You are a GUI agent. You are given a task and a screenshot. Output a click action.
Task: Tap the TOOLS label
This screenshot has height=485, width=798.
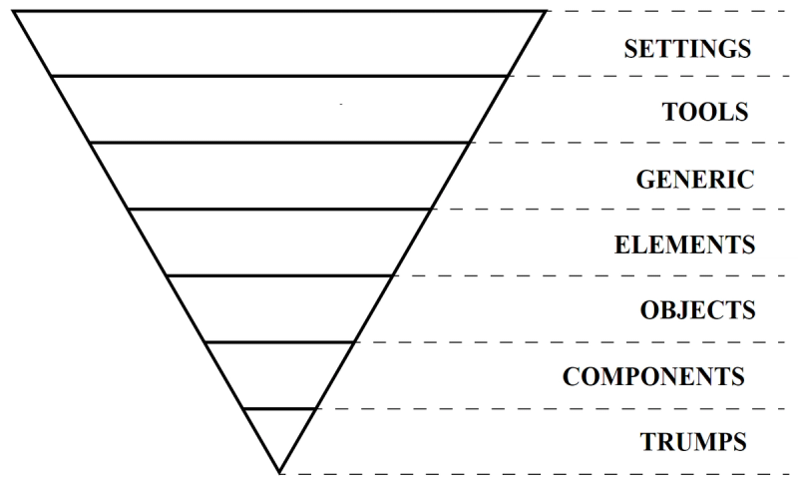tap(705, 112)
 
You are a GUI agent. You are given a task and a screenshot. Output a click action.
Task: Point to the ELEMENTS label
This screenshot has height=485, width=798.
tap(684, 244)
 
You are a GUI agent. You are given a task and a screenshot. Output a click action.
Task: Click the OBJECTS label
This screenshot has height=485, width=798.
tap(697, 309)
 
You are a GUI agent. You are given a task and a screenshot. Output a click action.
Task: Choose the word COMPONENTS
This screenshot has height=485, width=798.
tap(653, 376)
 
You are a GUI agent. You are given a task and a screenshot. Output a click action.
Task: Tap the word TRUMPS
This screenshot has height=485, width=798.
tap(694, 440)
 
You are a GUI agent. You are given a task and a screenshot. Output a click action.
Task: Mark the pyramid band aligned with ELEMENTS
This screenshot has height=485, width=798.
tap(279, 242)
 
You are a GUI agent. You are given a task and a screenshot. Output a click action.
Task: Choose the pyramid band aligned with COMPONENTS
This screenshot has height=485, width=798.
tap(279, 375)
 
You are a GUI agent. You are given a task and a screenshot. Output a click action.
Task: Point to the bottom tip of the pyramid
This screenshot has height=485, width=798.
tap(280, 472)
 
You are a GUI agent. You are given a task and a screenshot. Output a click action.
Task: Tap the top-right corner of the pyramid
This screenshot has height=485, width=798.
tap(547, 11)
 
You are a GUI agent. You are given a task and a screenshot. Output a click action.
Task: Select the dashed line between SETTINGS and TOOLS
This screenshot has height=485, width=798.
tap(648, 77)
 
